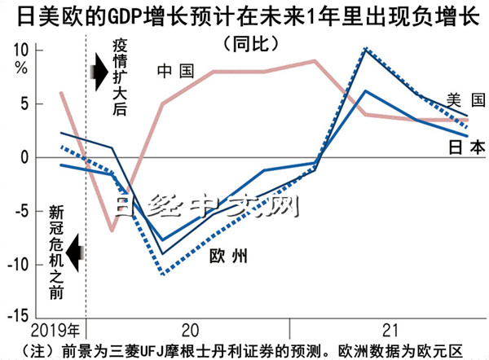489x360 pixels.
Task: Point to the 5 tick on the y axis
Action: (24, 104)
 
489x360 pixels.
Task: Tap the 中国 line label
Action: (176, 72)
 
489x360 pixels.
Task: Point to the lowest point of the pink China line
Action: (112, 230)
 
